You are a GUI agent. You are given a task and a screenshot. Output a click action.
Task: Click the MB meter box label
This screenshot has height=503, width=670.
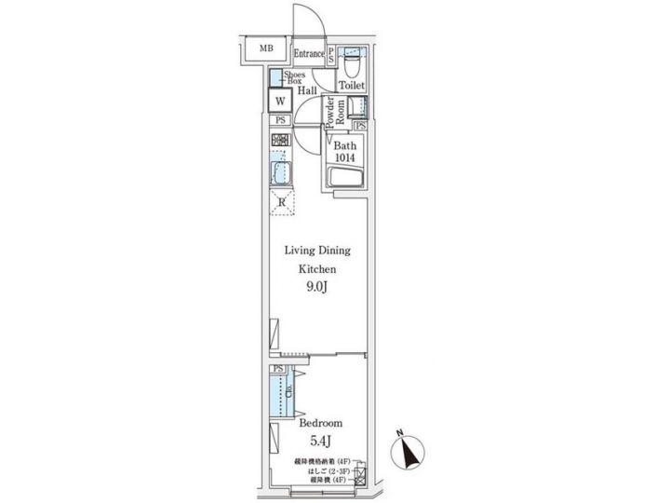[x=266, y=48]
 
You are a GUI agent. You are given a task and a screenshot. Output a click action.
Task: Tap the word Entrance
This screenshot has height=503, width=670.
[x=309, y=54]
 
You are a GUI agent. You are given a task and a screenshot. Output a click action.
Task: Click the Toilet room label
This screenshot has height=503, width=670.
[x=351, y=86]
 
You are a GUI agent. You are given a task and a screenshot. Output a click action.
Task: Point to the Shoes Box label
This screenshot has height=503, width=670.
[x=293, y=77]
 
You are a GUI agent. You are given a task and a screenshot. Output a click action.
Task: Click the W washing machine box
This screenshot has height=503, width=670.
[x=279, y=102]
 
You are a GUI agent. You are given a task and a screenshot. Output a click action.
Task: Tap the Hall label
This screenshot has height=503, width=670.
[x=307, y=91]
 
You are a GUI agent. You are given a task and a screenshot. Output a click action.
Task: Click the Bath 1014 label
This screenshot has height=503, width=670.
[x=345, y=152]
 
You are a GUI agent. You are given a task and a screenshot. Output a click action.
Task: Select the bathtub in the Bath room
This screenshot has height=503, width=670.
[x=345, y=178]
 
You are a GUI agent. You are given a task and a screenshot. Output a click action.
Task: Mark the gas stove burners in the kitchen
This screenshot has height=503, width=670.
[x=280, y=141]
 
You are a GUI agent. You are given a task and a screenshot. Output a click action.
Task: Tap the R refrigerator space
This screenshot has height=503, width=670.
[x=281, y=202]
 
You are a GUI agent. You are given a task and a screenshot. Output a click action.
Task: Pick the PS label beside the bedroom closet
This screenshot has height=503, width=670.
[x=278, y=369]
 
